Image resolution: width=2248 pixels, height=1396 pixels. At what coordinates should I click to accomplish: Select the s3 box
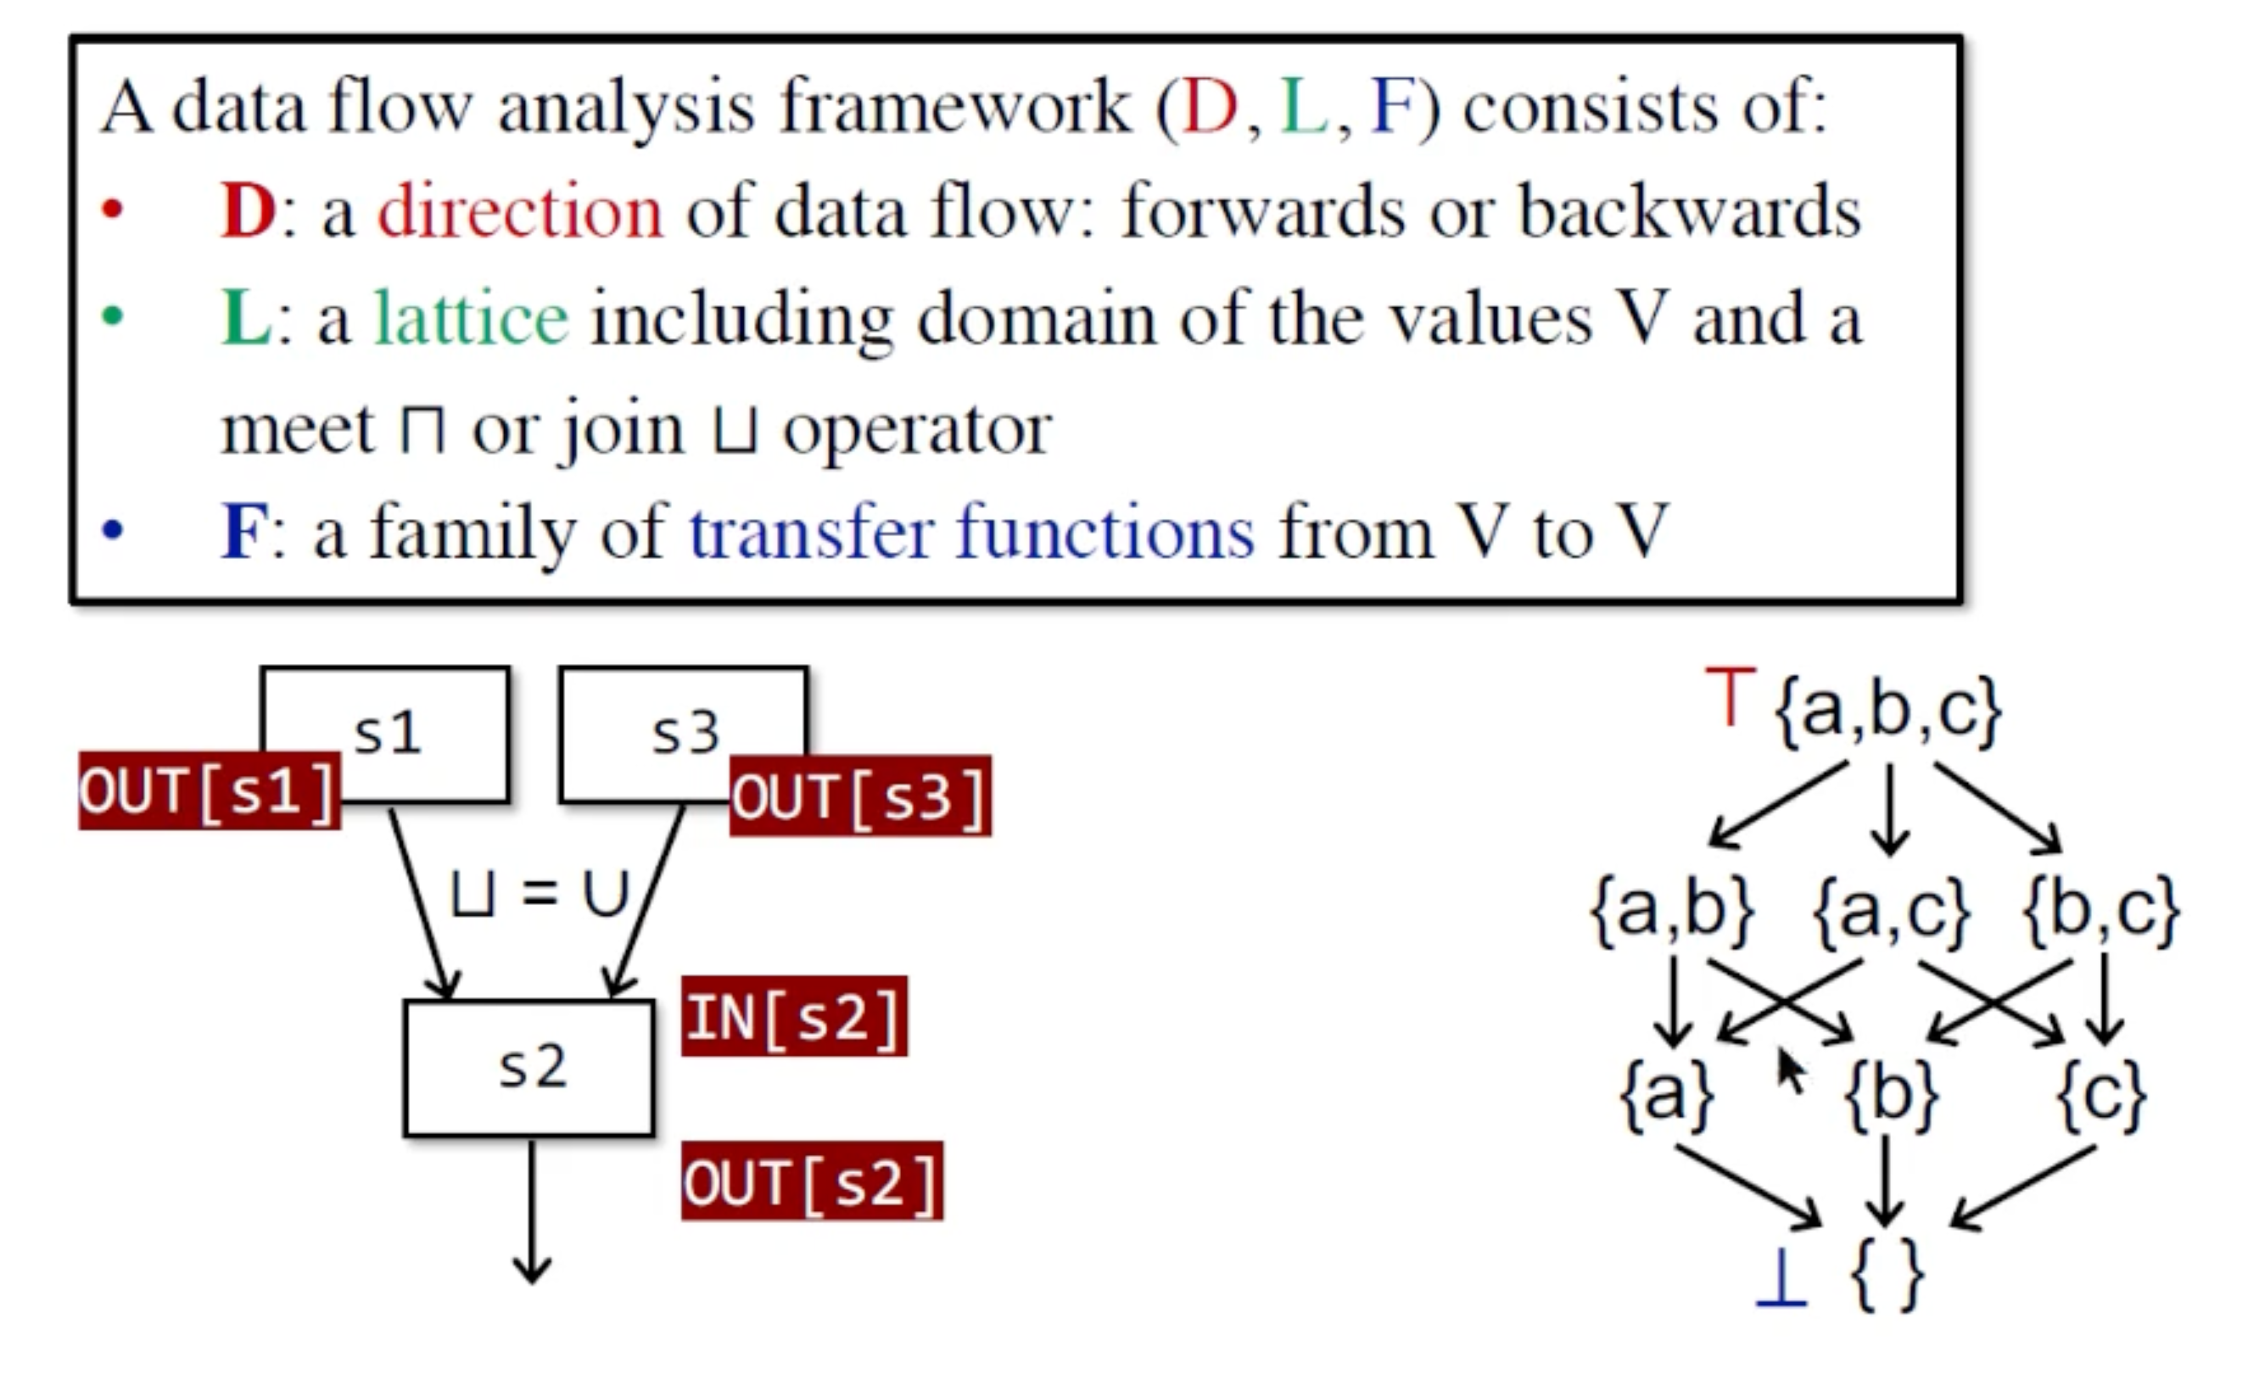(684, 729)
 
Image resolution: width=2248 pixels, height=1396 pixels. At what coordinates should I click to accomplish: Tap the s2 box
(530, 1067)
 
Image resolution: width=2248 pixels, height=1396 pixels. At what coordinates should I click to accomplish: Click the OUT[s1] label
(210, 791)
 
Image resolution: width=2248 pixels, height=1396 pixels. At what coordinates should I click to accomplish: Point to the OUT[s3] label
(859, 796)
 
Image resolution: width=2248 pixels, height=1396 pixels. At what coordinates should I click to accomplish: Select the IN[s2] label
(794, 1017)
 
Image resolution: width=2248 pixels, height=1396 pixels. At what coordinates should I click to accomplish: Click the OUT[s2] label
(812, 1181)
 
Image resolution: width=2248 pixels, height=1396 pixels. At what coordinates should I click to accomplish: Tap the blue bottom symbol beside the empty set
(1781, 1277)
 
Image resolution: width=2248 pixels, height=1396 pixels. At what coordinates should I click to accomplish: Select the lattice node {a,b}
(1672, 910)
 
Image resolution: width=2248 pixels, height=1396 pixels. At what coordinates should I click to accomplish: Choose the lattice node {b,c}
(2101, 910)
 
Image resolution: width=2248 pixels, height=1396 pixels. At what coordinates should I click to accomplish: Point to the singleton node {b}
(1891, 1096)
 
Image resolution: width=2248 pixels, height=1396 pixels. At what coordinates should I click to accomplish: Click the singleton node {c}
(2101, 1096)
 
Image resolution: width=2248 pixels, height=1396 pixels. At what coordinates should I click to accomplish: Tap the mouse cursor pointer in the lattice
(1791, 1071)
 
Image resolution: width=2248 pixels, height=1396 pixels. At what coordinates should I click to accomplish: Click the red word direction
(520, 211)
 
